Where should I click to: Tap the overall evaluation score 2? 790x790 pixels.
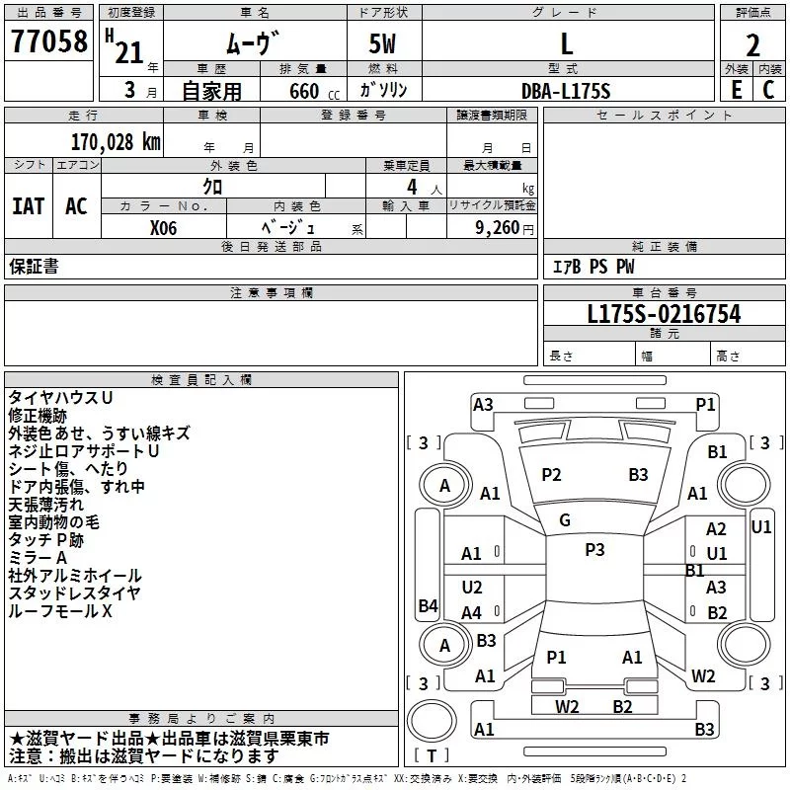tap(752, 45)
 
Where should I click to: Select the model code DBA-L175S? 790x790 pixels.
tap(566, 90)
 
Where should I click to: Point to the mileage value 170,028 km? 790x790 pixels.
tap(116, 141)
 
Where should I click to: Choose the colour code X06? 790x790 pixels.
tap(164, 226)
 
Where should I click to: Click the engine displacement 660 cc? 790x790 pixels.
tap(298, 91)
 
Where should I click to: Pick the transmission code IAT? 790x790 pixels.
tap(29, 205)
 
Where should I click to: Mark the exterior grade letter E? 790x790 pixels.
tap(735, 90)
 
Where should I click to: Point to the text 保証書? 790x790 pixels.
tap(34, 267)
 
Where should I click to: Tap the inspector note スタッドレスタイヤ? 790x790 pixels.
tap(75, 593)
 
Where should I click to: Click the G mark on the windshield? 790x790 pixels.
tap(565, 520)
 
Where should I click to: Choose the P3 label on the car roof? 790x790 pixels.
tap(593, 550)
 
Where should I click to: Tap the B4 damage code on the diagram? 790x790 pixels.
tap(428, 605)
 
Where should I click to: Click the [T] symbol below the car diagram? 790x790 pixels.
tap(434, 756)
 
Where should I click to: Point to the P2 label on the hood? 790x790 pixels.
tap(551, 475)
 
